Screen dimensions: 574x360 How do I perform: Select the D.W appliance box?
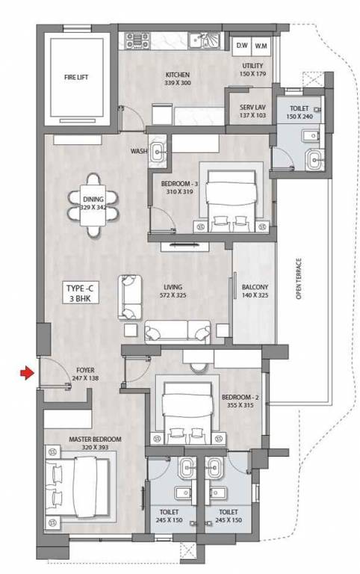(241, 46)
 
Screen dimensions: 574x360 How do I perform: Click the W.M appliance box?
(261, 46)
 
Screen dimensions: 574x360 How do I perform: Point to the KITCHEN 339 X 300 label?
(178, 79)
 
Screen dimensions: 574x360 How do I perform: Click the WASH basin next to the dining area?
(159, 151)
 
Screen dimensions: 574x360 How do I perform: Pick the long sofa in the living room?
(177, 330)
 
